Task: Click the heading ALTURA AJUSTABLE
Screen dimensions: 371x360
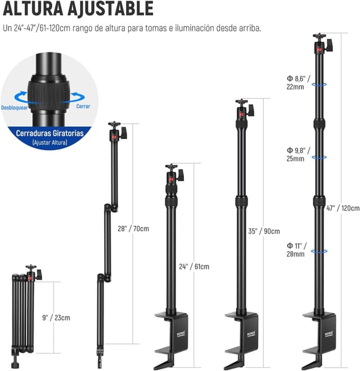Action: pos(78,10)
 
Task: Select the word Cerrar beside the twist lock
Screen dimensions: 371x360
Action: pos(83,105)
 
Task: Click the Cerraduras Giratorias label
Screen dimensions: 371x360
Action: pos(49,134)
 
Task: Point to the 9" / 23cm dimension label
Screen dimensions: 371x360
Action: pos(56,318)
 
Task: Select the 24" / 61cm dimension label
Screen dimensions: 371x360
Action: pos(194,266)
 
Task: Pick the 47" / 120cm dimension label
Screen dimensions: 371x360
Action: pos(343,208)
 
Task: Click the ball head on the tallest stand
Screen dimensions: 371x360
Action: pos(321,44)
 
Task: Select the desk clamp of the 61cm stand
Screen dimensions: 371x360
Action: pos(172,338)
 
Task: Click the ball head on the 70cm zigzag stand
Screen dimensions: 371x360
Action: pos(116,132)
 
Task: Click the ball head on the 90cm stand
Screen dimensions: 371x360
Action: pos(243,109)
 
